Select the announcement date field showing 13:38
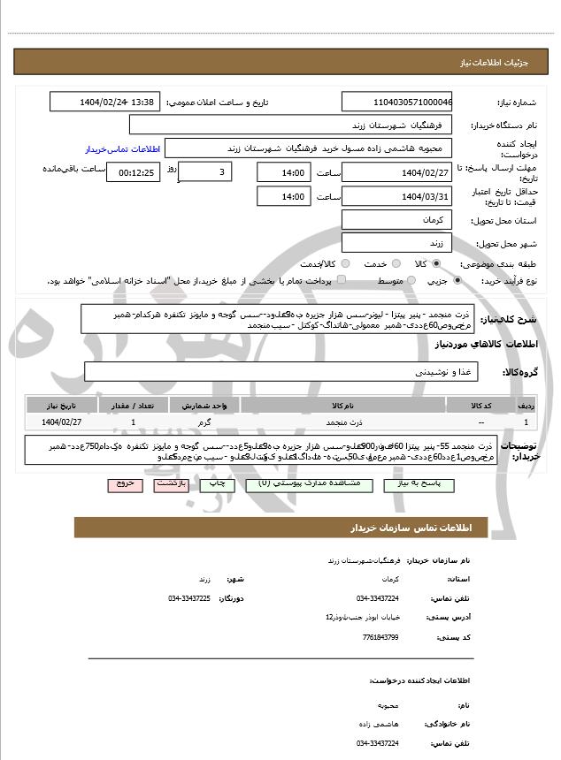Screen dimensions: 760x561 (x=104, y=103)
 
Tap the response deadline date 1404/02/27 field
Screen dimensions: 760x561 (x=396, y=171)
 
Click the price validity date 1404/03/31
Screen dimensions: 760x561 (x=396, y=195)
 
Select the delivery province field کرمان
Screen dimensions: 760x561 (x=396, y=218)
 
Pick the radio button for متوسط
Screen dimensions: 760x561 (x=410, y=281)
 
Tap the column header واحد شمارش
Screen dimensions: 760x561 (x=210, y=406)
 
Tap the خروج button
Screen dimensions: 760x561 (x=123, y=484)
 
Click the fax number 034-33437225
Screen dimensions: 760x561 (x=189, y=598)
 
